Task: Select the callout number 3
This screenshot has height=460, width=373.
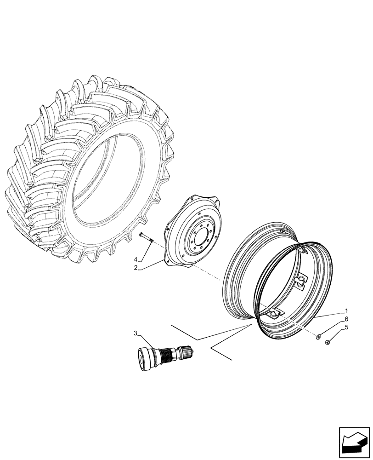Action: coord(136,333)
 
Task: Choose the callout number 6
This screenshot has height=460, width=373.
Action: coord(346,319)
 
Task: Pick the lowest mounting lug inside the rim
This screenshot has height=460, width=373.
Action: coord(273,313)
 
